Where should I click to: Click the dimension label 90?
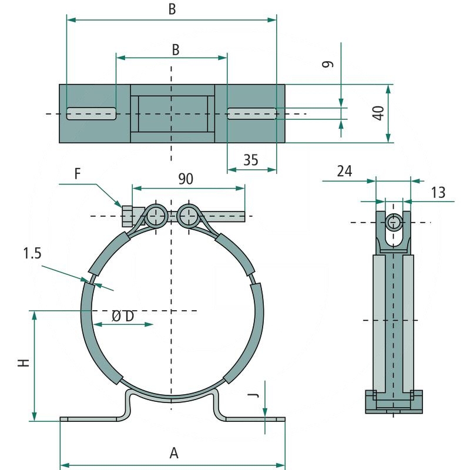186,179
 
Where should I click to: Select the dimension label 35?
250,160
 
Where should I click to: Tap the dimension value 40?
378,113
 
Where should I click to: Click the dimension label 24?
344,171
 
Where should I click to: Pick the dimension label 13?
438,192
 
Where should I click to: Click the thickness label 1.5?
33,254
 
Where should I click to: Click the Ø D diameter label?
123,316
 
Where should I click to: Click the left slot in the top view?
91,113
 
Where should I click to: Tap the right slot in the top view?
251,113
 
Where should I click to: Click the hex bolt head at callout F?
129,216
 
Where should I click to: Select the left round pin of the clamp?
156,216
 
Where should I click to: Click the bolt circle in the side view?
395,222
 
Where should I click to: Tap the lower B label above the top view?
175,50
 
